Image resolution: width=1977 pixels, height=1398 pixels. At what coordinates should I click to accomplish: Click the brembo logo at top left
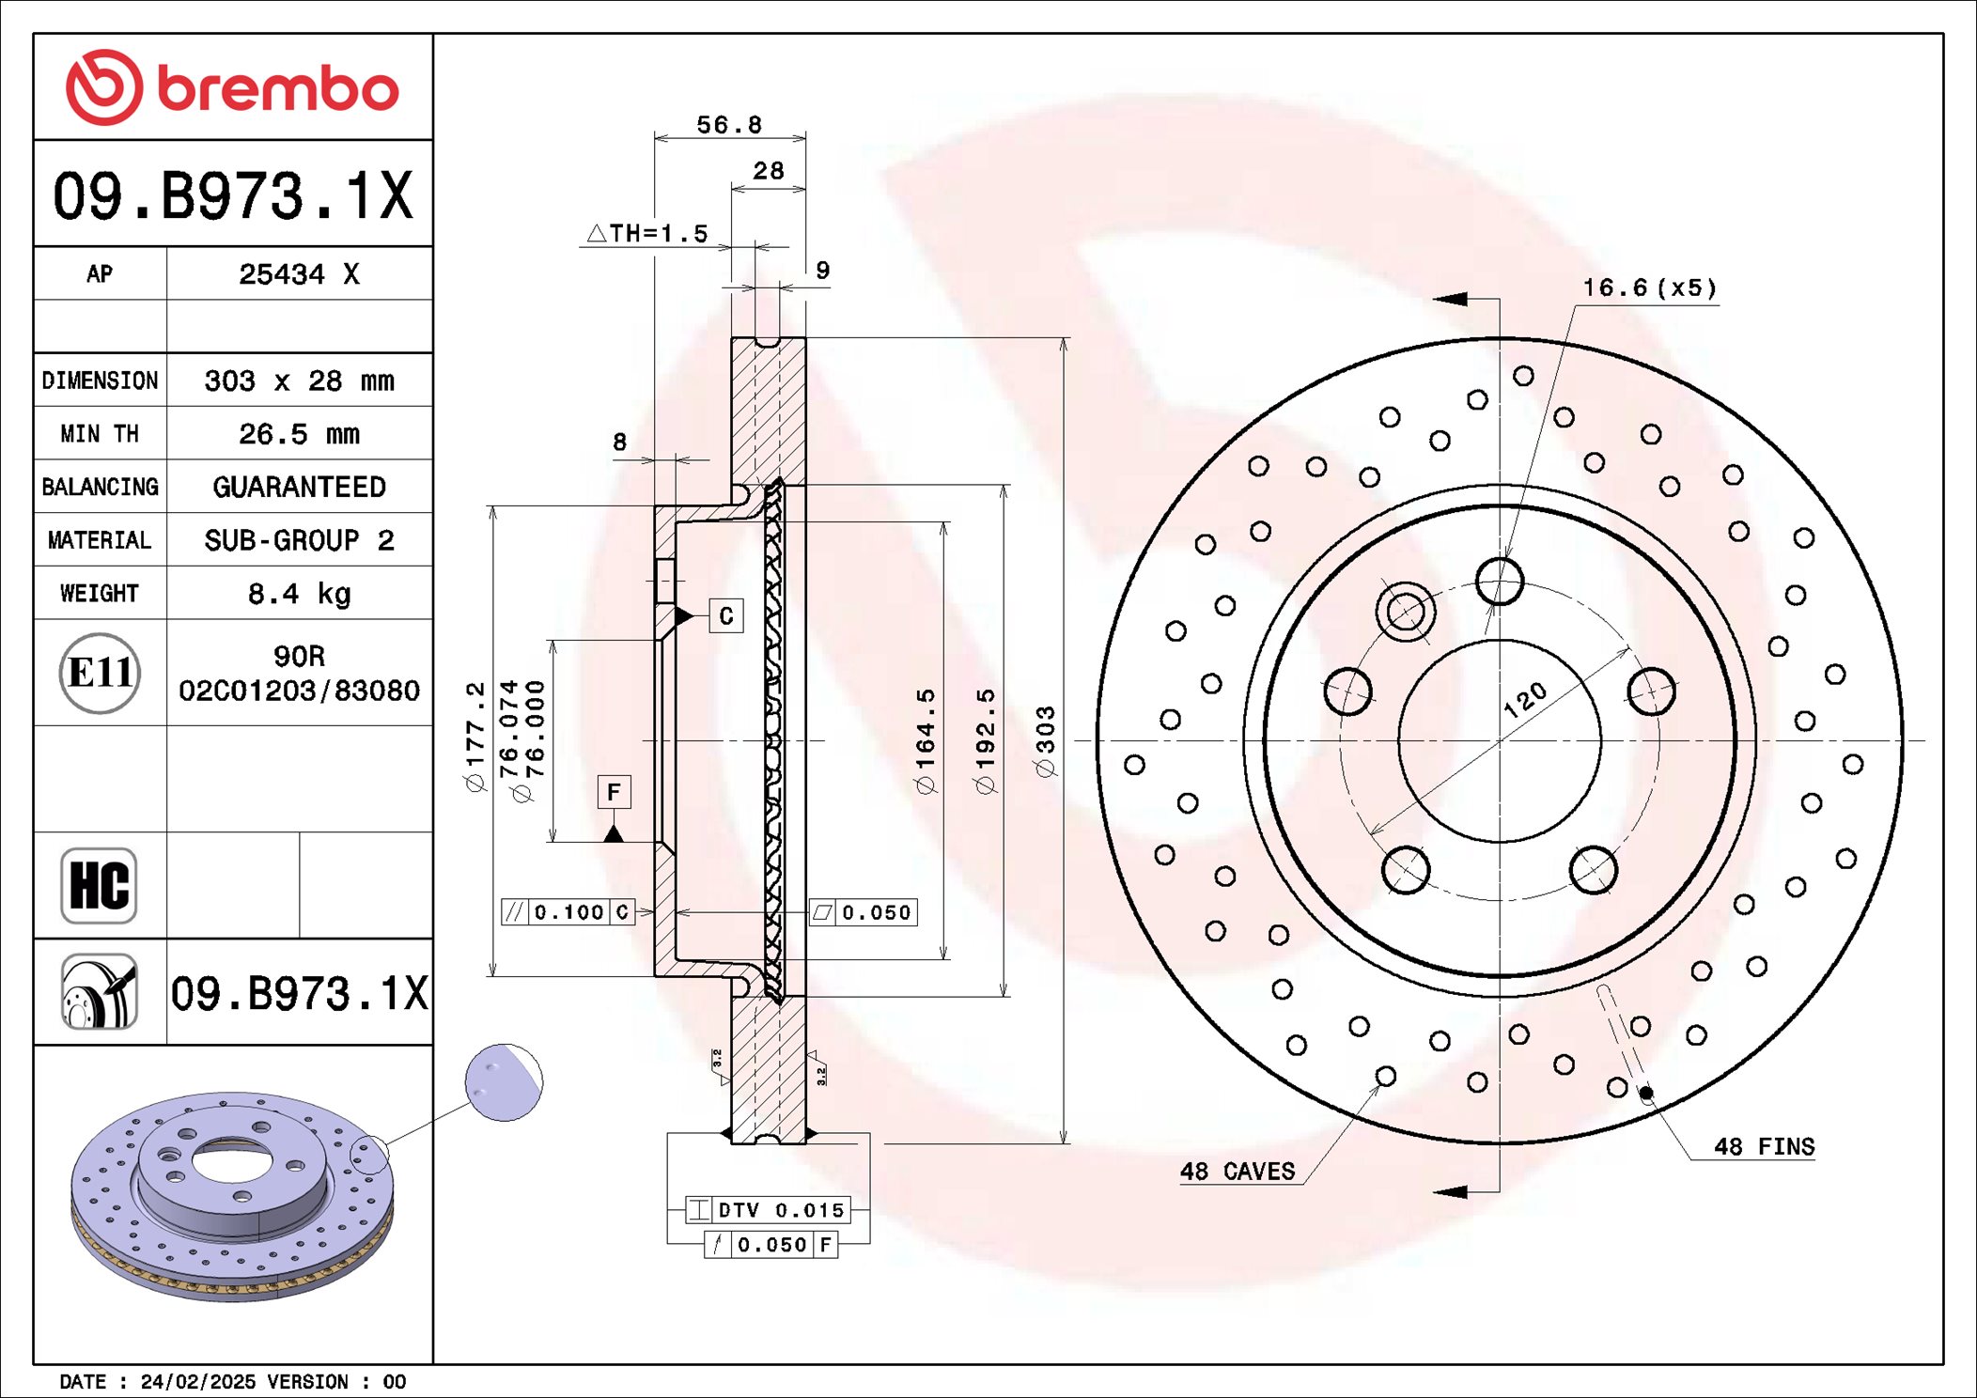[232, 87]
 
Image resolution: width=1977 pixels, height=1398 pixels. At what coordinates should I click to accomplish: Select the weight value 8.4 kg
[299, 594]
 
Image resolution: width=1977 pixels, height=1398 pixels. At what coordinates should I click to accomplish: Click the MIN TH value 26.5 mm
[299, 434]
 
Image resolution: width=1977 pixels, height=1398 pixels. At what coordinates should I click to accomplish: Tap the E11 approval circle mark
[100, 673]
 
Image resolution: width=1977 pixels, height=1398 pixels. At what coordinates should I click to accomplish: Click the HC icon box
[99, 885]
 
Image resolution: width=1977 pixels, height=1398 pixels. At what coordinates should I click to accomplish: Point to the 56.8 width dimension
[728, 125]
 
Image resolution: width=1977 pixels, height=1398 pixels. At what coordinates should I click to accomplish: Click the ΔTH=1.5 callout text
[648, 233]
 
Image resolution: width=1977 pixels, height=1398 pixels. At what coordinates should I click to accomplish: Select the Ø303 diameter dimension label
[1046, 741]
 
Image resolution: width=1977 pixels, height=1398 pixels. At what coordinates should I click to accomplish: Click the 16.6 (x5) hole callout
[1649, 287]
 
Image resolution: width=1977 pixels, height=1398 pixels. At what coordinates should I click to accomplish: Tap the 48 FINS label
[1764, 1146]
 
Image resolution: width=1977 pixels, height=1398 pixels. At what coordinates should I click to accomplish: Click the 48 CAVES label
[1238, 1171]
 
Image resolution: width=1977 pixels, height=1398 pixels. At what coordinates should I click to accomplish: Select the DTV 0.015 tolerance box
[768, 1210]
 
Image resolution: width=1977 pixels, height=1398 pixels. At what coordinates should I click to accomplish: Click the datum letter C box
[725, 616]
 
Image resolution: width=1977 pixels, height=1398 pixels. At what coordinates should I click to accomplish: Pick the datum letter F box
[614, 792]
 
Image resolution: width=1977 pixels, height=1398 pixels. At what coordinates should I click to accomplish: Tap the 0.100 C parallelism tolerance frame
[568, 912]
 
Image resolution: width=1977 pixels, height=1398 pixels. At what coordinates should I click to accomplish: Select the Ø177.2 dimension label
[476, 738]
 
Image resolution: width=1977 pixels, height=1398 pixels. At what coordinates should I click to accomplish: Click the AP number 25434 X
[299, 274]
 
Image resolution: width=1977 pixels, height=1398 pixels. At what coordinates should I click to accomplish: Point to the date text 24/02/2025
[197, 1381]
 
